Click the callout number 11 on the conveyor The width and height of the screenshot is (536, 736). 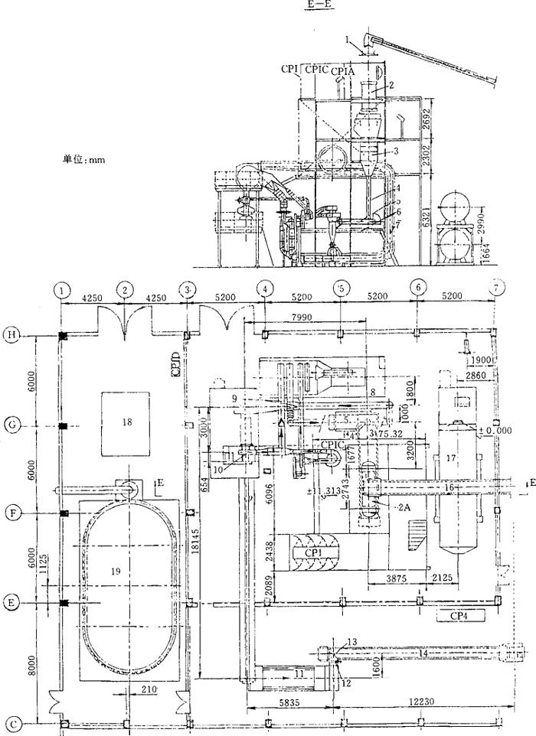point(299,674)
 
